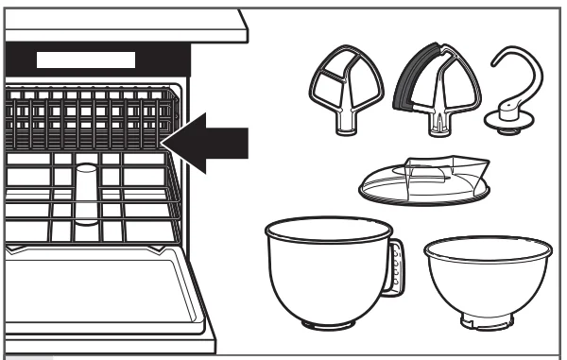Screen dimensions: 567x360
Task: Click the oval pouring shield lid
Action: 425,184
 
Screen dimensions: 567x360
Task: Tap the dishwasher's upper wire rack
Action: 85,118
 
